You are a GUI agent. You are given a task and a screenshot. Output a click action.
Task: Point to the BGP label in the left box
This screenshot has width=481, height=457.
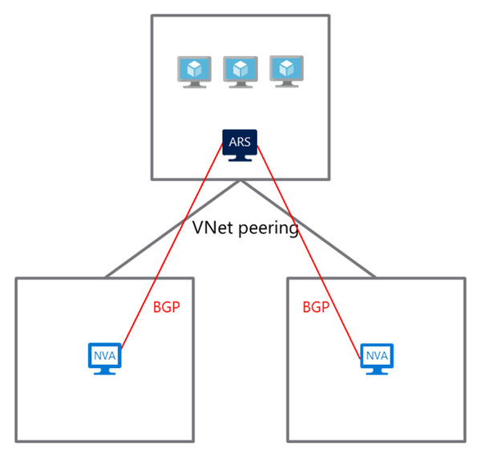click(x=165, y=306)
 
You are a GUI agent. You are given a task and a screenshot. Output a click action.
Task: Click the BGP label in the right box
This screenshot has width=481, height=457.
click(x=316, y=306)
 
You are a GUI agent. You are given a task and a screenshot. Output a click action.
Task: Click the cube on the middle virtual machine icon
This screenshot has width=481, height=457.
click(x=240, y=68)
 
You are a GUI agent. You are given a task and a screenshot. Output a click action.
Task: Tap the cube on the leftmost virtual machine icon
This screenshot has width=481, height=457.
click(x=193, y=68)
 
